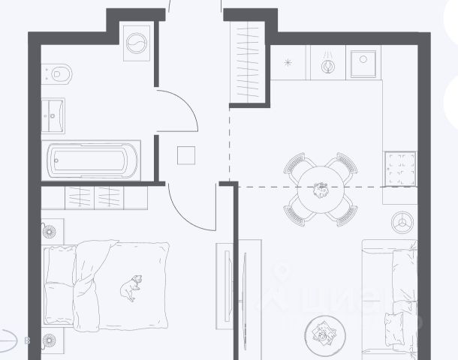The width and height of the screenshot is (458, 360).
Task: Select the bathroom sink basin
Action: click(53, 115)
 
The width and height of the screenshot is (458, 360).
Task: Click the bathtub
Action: click(94, 160)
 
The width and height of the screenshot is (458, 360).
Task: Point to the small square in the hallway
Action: click(186, 155)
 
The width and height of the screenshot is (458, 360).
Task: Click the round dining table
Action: click(321, 190)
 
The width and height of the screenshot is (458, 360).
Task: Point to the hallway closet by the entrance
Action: click(246, 61)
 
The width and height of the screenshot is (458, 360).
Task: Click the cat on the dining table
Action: click(321, 188)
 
